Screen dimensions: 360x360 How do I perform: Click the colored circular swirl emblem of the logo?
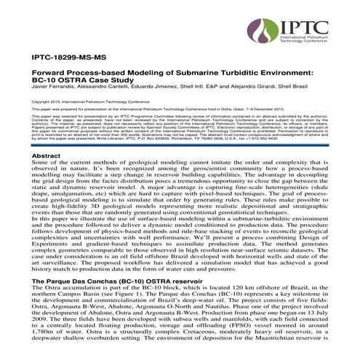coord(260,32)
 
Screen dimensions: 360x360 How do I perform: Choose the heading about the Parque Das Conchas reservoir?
coord(113,279)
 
